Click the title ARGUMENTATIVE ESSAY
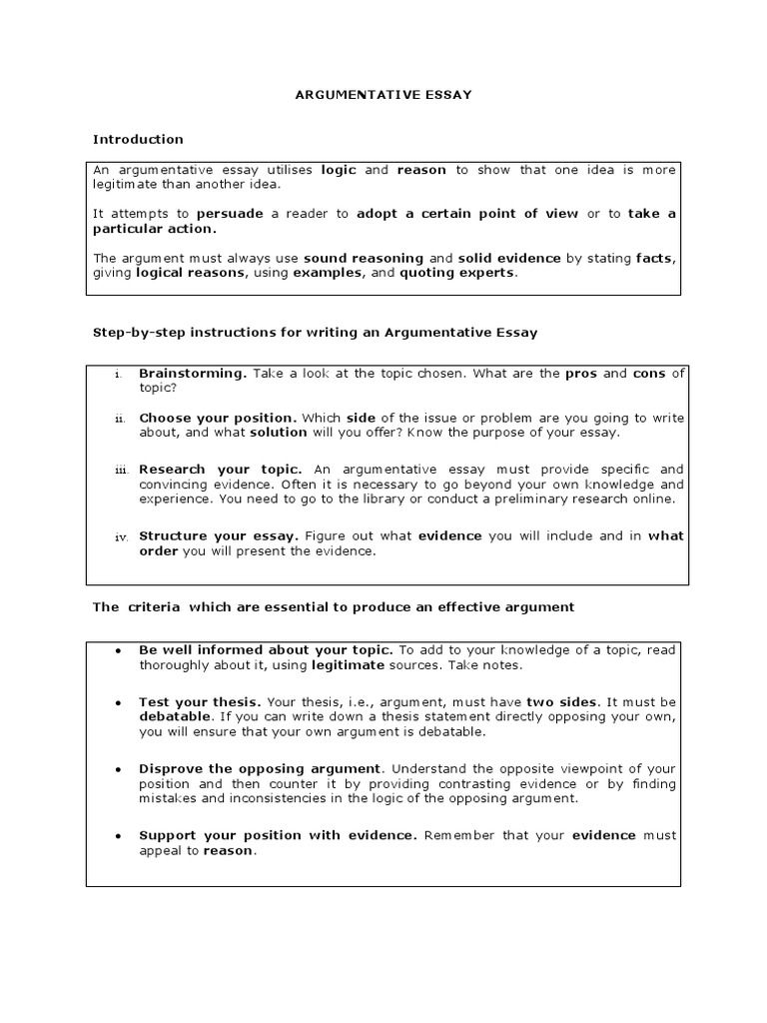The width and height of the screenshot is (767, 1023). coord(383,95)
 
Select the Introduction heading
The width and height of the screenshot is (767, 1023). coord(138,139)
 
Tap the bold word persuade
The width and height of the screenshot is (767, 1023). coord(231,214)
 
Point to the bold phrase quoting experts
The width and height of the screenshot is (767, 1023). coord(458,273)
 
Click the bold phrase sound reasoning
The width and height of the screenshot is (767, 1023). coord(364,258)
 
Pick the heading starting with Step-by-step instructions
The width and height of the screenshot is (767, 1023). coord(315,333)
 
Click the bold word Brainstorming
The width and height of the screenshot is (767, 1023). coord(193,373)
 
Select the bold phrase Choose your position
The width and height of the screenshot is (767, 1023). coord(218,418)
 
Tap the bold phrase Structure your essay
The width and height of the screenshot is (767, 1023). coord(219,535)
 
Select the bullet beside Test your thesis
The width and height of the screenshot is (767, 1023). coord(118,702)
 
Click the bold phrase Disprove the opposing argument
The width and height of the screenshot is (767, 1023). coord(260,768)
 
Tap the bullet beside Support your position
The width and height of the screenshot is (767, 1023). coord(118,835)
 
